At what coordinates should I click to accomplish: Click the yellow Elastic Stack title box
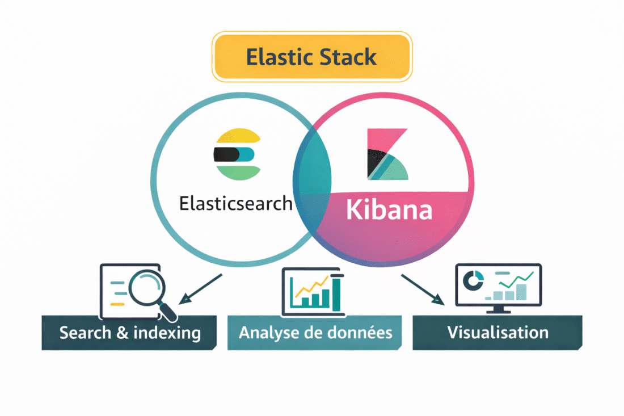312,57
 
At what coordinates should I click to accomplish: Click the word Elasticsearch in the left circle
235,203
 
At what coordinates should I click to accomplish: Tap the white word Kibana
389,210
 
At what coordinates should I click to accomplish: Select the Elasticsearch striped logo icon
237,154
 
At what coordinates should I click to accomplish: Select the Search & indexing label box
129,333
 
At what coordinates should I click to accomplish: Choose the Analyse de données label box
315,333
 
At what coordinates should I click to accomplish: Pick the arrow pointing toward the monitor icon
422,289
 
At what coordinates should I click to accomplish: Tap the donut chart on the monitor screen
474,279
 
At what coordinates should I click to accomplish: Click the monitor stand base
498,311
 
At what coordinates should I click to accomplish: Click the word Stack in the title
350,57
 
